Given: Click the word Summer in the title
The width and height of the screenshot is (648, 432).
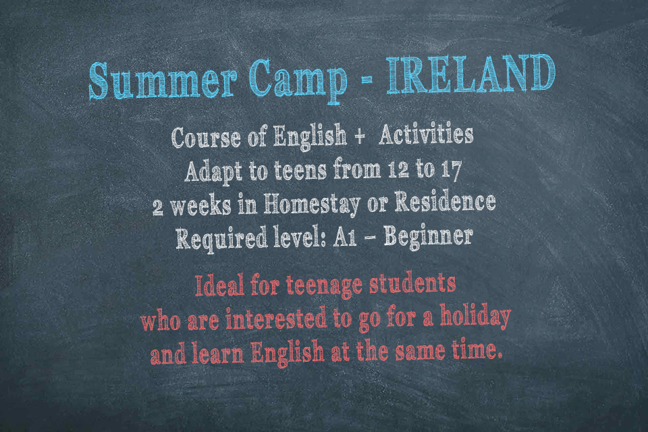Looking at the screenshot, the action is pyautogui.click(x=163, y=80).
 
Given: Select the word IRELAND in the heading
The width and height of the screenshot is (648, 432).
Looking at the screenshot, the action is pyautogui.click(x=471, y=74).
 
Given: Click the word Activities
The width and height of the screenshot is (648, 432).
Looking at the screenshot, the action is pyautogui.click(x=426, y=135).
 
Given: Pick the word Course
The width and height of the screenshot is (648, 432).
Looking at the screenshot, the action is pyautogui.click(x=206, y=138).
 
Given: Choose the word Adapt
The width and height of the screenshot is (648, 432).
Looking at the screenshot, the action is pyautogui.click(x=213, y=171).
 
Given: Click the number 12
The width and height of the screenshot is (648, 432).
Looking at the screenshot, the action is pyautogui.click(x=399, y=169).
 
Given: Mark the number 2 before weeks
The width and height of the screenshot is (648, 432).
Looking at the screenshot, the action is pyautogui.click(x=157, y=207).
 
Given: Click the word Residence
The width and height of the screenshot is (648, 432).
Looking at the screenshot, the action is pyautogui.click(x=445, y=201).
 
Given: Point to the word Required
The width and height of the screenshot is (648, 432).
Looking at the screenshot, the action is pyautogui.click(x=221, y=238).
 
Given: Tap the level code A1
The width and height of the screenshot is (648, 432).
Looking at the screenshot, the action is pyautogui.click(x=346, y=238).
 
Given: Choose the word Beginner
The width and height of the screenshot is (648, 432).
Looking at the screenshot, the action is pyautogui.click(x=429, y=238).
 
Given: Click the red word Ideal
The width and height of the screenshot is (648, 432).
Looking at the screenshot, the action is pyautogui.click(x=219, y=286).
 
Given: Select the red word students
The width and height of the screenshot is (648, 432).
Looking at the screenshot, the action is pyautogui.click(x=412, y=283).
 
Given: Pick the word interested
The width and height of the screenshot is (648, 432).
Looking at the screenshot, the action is pyautogui.click(x=276, y=319).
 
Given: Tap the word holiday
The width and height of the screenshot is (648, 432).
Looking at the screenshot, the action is pyautogui.click(x=475, y=317).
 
